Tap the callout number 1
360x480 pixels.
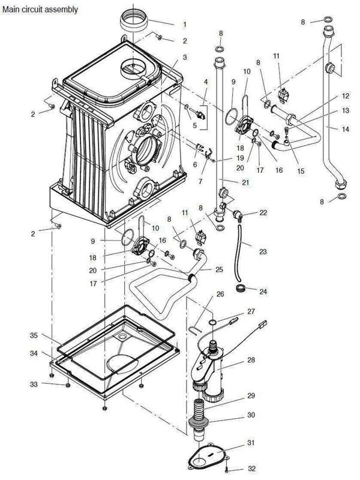[x=185, y=25]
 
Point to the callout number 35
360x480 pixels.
[x=34, y=334]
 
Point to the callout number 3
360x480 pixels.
[x=185, y=57]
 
